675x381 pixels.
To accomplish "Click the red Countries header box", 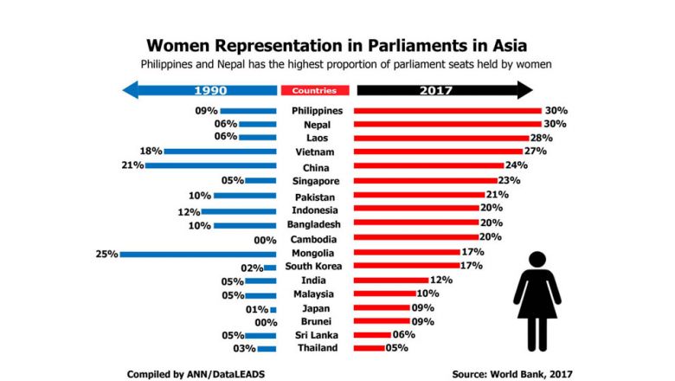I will pyautogui.click(x=315, y=90).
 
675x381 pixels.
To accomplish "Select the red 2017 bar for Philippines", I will pyautogui.click(x=448, y=111).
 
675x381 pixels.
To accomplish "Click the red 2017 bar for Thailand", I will pyautogui.click(x=370, y=349).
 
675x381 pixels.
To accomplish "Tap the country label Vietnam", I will pyautogui.click(x=317, y=152).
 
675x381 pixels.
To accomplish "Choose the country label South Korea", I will pyautogui.click(x=314, y=267).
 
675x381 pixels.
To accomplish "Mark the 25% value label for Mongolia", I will pyautogui.click(x=106, y=254).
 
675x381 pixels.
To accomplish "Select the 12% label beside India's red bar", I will pyautogui.click(x=442, y=280).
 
